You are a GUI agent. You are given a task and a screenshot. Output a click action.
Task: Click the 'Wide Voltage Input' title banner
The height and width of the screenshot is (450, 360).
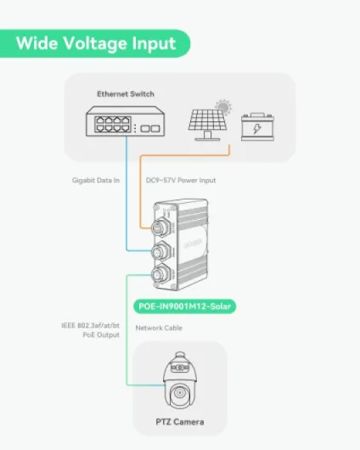[95, 43]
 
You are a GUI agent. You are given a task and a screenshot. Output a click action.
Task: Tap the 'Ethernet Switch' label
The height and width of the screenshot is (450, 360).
[126, 94]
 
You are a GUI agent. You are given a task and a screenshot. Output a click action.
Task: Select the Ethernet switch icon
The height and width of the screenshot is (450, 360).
[126, 121]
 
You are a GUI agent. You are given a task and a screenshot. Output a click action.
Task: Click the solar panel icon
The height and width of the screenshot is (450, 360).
[207, 125]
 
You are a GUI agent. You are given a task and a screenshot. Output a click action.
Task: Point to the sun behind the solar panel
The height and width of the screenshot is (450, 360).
[223, 107]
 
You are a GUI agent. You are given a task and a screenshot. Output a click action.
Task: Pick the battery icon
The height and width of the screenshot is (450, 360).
[257, 127]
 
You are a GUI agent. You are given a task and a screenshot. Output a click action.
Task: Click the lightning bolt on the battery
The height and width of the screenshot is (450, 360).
[257, 128]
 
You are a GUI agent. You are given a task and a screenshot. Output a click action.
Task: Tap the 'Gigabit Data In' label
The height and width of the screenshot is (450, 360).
[96, 181]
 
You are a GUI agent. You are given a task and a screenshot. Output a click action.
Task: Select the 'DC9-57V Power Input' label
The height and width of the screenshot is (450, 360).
[181, 181]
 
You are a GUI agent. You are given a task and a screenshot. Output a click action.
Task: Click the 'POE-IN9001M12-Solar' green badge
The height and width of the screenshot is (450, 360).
[185, 307]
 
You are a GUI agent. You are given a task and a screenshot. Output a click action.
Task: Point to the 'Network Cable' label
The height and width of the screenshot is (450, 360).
[159, 328]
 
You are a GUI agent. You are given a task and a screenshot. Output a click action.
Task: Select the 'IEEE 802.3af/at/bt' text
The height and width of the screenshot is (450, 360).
[91, 326]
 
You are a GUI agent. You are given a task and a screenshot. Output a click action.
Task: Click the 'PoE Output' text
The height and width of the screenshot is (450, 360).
[101, 335]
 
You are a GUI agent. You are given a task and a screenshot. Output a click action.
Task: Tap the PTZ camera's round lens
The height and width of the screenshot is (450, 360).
[180, 392]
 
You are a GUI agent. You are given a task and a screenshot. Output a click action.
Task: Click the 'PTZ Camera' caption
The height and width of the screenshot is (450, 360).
[180, 422]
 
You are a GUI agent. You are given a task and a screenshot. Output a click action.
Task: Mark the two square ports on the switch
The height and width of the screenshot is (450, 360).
[150, 128]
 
